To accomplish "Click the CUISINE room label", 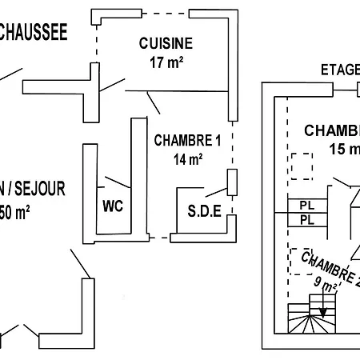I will [166, 43].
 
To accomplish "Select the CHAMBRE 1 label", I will [187, 141].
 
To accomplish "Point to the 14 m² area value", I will [187, 158].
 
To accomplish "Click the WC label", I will [113, 206].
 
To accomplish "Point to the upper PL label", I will [306, 205].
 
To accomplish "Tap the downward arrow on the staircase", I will [323, 309].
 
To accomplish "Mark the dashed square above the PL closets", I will [302, 166].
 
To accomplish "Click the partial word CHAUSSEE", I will [32, 32].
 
